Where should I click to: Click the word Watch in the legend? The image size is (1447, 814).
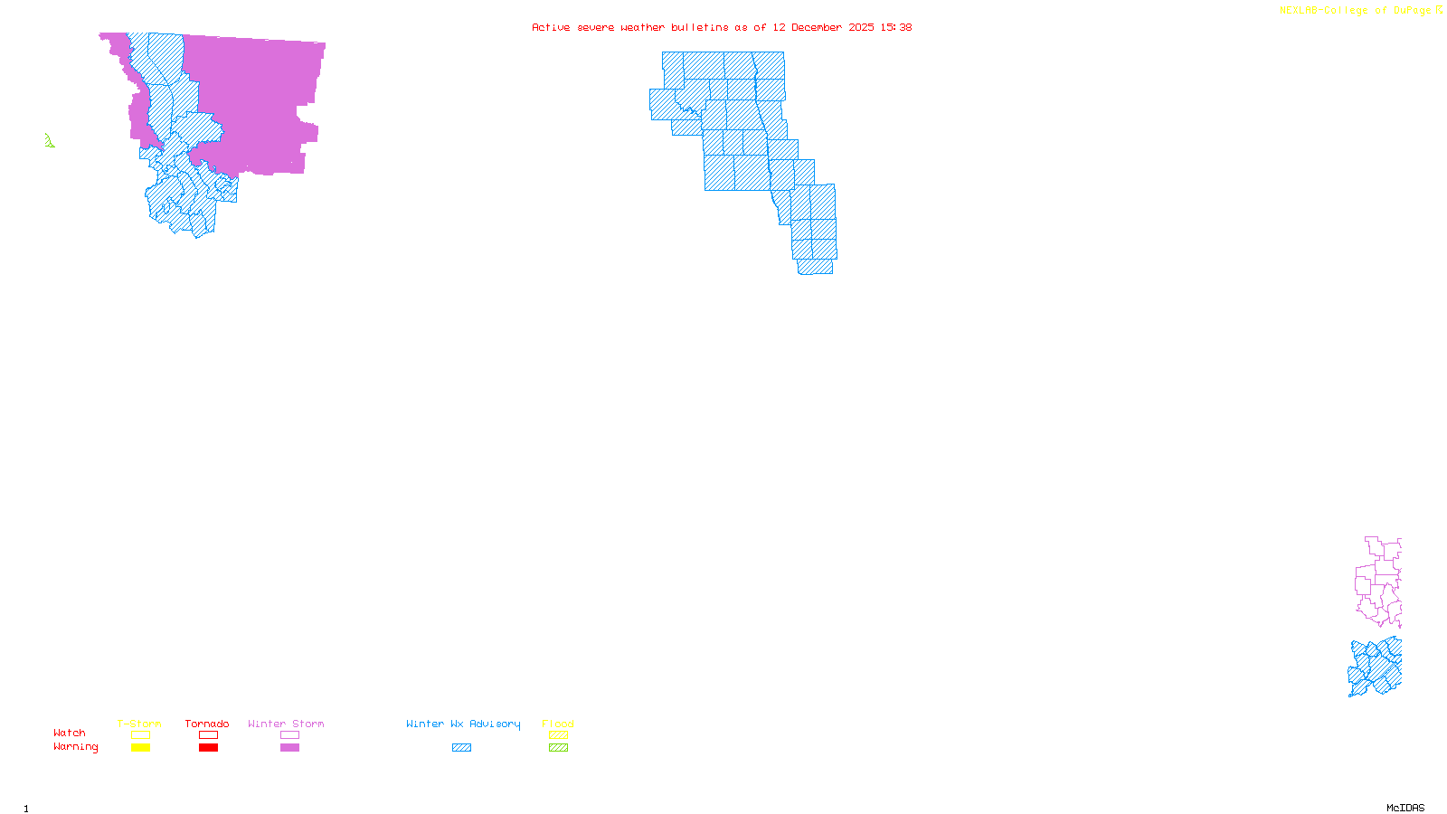pos(70,734)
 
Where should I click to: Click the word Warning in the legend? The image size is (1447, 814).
pos(76,747)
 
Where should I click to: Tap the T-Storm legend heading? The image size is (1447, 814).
pos(139,724)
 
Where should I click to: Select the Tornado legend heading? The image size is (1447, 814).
pos(207,724)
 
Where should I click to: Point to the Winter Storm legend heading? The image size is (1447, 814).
pos(286,724)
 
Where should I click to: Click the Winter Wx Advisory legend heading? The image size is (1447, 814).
pos(463,724)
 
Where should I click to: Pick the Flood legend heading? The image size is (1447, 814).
pos(558,724)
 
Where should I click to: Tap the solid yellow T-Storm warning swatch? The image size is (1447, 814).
pos(140,748)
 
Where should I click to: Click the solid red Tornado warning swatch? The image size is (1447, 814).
pos(209,748)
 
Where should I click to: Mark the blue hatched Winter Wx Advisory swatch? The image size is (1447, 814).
pos(461,748)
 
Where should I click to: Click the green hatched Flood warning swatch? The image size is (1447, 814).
pos(559,748)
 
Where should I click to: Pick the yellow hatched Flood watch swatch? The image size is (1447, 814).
pos(559,735)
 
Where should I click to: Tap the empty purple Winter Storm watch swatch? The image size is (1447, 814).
pos(289,735)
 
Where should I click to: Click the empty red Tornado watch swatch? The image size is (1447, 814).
pos(209,735)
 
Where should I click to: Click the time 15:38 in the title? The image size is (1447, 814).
pos(896,28)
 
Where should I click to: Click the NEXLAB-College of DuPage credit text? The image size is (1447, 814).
pos(1355,11)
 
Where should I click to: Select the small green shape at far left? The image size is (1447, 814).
pos(49,141)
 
